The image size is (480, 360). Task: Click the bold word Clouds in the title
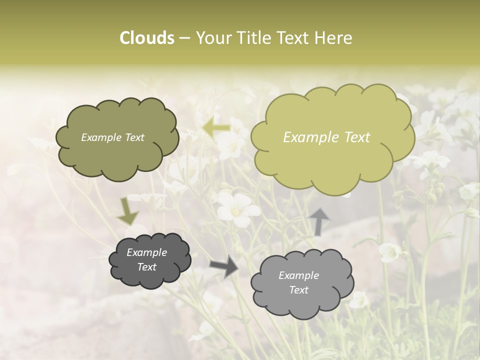click(x=147, y=38)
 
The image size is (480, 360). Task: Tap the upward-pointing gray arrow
click(x=319, y=220)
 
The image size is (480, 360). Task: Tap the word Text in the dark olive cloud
click(x=134, y=137)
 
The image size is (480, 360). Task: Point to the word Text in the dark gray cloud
click(x=146, y=267)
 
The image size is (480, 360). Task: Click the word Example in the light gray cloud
click(x=298, y=275)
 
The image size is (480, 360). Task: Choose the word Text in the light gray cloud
click(x=298, y=290)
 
